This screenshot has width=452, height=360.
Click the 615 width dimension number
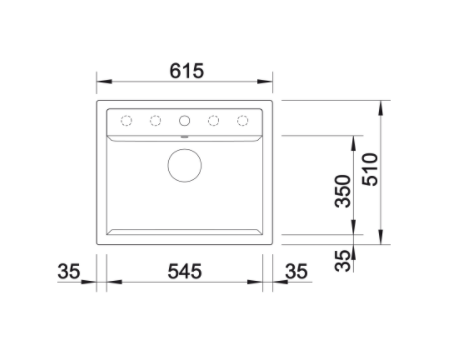pos(186,71)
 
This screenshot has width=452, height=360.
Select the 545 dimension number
pos(185,271)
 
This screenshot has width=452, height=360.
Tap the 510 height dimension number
pos(370,169)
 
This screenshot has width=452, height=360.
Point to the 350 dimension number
pos(343,191)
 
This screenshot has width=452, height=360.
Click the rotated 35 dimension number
pos(343,260)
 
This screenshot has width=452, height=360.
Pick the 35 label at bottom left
pos(69,271)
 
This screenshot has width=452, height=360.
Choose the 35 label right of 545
pos(296,271)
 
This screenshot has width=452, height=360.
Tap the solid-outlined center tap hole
pos(184,120)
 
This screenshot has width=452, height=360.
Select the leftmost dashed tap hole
pos(126,120)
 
